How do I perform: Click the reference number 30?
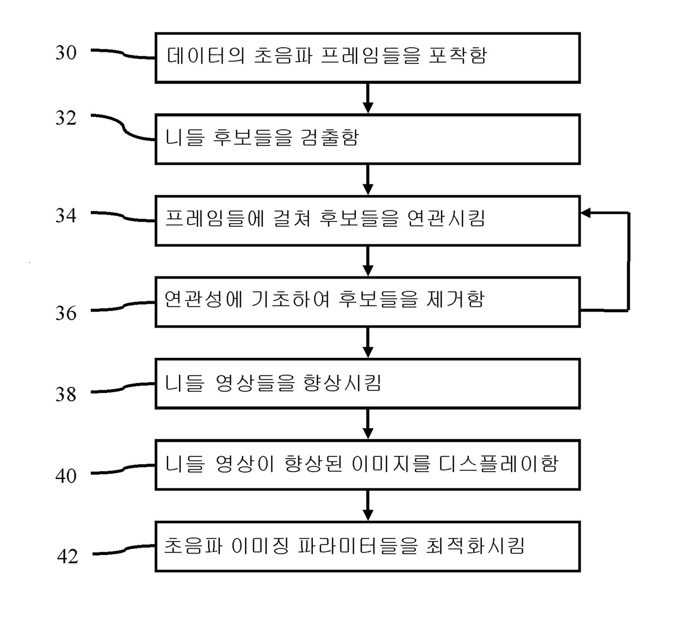coord(66,53)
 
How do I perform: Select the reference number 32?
coord(66,118)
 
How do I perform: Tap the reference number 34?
coord(66,215)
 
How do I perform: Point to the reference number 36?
coord(66,313)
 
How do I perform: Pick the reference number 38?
coord(66,394)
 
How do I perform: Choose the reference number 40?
coord(66,476)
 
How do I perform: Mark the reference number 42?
coord(67,557)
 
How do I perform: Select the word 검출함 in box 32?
coord(329,137)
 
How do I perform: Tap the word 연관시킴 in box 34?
coord(446,219)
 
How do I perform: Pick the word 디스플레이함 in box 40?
coord(498,464)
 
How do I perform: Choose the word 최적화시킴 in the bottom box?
coord(475,546)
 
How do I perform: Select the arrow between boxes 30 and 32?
coord(368,99)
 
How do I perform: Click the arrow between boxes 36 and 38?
coord(368,342)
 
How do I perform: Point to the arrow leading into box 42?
coord(368,505)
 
